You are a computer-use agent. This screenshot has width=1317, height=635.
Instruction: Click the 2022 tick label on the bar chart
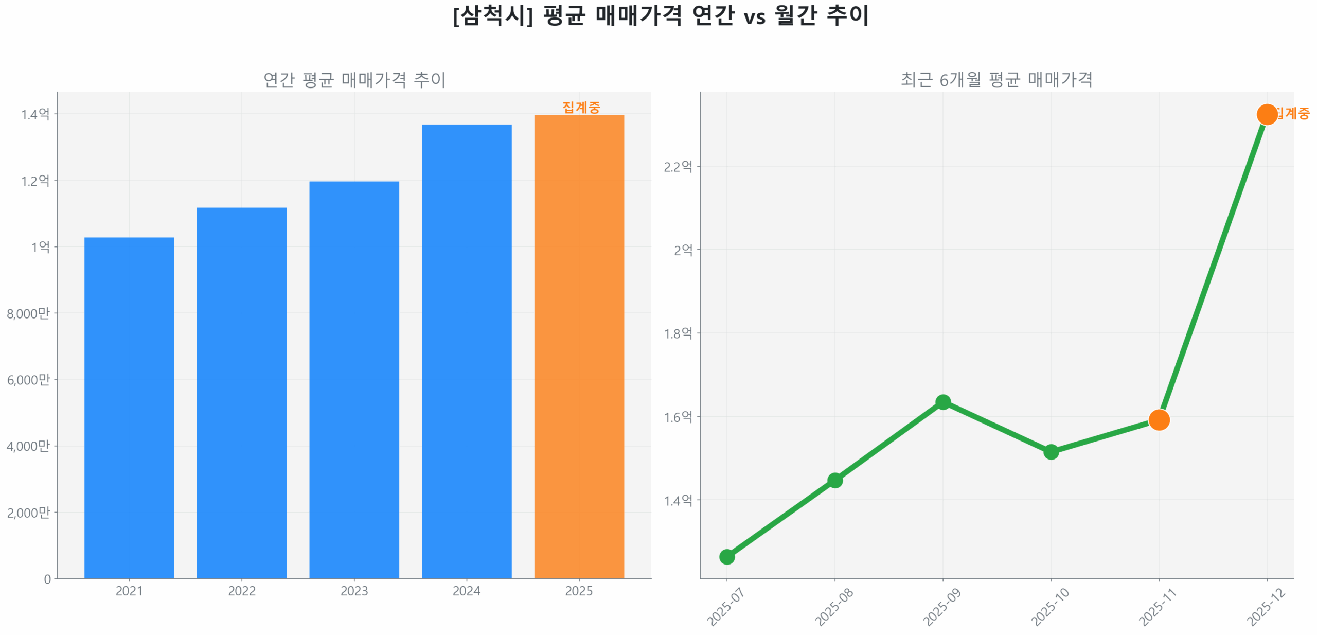241,591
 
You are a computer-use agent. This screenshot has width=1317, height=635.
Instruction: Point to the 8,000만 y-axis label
28,313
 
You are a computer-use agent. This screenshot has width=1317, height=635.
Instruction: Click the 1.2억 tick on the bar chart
35,181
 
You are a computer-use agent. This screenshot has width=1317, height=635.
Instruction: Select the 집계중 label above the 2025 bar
581,107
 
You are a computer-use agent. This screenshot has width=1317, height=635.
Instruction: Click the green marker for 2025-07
726,556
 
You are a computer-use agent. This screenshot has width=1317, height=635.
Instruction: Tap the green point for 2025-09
942,401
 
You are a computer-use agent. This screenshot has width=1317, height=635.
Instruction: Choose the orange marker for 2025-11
1159,419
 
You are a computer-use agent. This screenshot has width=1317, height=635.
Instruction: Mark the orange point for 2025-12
1267,114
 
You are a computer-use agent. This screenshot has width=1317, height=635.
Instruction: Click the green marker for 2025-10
1051,452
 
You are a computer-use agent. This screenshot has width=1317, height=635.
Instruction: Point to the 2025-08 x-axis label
834,607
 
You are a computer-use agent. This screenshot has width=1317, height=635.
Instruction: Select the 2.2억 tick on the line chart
678,167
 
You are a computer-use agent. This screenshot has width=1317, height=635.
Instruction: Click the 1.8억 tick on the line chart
678,333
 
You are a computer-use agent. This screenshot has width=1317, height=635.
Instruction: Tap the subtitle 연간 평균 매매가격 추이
354,79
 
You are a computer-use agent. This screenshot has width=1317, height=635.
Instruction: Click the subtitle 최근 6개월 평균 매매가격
996,79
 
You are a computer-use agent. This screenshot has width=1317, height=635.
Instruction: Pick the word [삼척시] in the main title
493,15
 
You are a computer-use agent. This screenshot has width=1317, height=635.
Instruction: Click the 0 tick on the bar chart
47,579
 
